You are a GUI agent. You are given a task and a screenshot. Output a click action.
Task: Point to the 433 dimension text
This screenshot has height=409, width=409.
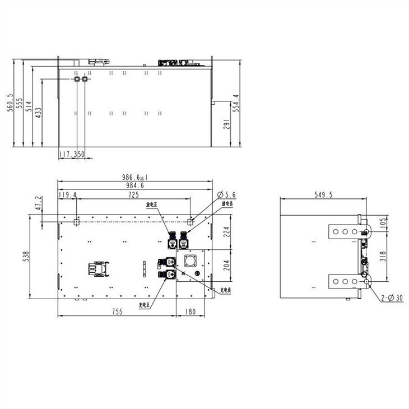pos(38,111)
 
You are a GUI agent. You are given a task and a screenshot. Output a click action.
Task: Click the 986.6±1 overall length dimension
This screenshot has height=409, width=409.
pos(134,177)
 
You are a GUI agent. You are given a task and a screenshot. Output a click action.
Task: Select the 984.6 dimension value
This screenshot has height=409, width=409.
pos(134,185)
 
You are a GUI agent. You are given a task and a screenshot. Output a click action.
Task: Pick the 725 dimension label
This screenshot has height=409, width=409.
pos(134,195)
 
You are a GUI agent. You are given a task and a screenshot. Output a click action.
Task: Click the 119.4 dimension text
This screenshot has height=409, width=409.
pos(68,195)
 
